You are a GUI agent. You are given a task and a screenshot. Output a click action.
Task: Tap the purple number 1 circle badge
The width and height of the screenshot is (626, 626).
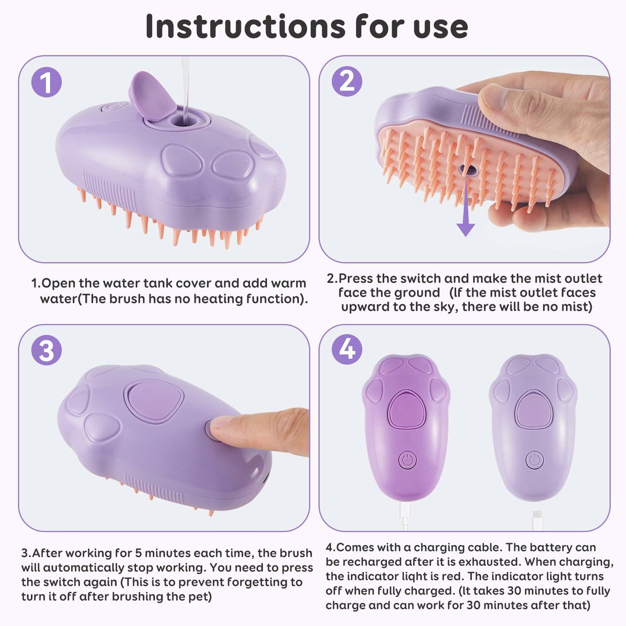[46, 82]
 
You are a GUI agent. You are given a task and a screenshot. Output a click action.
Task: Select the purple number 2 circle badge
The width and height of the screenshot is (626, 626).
[347, 81]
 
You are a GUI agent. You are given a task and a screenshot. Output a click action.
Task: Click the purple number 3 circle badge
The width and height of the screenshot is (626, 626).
[46, 350]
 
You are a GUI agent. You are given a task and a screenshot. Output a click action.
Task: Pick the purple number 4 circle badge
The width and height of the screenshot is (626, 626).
[347, 349]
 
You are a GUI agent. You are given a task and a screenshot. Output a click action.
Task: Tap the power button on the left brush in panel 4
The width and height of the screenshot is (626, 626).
[407, 460]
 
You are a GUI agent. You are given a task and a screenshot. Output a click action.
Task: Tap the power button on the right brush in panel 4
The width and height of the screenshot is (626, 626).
[535, 460]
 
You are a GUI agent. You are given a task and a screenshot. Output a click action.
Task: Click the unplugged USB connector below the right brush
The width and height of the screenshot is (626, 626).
[537, 518]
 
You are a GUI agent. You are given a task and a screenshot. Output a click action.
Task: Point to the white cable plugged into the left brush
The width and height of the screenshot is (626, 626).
[405, 516]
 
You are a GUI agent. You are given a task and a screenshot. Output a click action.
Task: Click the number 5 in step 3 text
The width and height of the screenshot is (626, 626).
[138, 553]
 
